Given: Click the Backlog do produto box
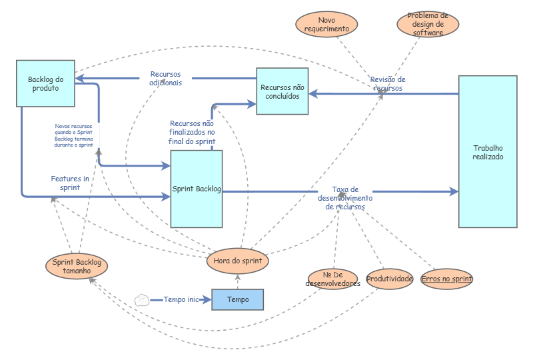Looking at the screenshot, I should point(45,83).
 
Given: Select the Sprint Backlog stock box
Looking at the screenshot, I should point(197,189).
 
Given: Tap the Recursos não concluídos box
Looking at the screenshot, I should point(282,91).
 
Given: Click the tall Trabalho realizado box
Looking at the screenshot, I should point(488,152).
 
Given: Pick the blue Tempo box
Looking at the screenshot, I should point(238,300).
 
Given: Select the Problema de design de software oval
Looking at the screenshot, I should point(427,24).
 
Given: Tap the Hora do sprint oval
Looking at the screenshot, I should point(238,261).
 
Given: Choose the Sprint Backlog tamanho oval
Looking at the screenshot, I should point(77,267).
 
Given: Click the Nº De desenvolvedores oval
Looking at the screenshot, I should point(333,279).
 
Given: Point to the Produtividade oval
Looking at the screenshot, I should point(390,279).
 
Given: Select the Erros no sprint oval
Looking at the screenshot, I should point(446,279).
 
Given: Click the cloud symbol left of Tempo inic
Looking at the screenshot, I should point(141,300).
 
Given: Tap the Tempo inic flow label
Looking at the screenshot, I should point(181,300).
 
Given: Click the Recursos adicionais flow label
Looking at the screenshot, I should point(165,78).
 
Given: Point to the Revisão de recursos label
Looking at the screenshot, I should point(388,83).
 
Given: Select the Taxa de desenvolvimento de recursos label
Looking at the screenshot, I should point(345,198).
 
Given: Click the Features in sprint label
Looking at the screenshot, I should point(70,183).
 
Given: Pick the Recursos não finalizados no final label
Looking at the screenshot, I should point(192,132).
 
